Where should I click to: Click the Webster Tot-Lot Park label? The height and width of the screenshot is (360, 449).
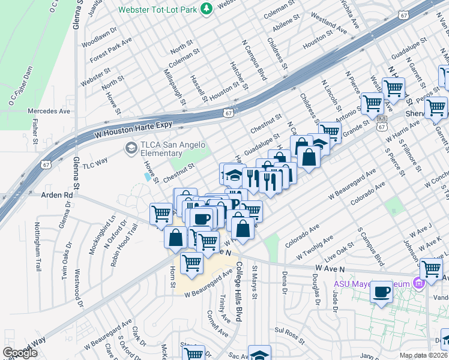click(166, 10)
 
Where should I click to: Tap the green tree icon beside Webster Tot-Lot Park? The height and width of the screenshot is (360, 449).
click(206, 8)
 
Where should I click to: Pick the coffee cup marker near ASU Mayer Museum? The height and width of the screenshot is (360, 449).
click(382, 293)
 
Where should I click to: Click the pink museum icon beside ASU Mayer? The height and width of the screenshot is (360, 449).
click(419, 282)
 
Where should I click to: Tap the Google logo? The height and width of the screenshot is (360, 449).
click(20, 353)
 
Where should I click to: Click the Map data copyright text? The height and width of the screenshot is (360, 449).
click(424, 355)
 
